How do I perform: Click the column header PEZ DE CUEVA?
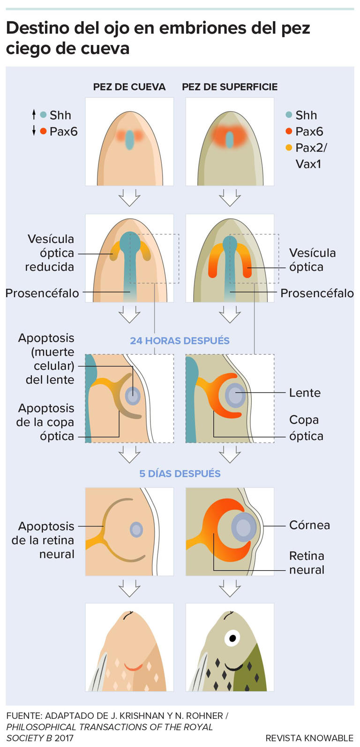click(129, 87)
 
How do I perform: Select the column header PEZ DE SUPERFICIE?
click(230, 87)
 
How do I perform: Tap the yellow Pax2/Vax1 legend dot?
click(289, 148)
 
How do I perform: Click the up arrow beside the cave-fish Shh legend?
click(34, 114)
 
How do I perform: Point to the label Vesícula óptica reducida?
click(51, 253)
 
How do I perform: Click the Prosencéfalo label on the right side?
click(317, 293)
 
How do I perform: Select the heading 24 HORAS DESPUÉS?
click(180, 341)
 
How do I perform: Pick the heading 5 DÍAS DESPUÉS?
click(180, 474)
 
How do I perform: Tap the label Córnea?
click(309, 525)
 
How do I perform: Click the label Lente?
click(305, 393)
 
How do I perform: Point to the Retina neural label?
click(307, 563)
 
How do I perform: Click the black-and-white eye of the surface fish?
click(232, 637)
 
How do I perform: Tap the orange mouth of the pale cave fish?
click(133, 666)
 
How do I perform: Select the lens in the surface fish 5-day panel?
click(243, 528)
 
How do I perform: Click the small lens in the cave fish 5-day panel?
click(136, 530)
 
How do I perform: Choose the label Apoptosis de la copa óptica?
click(45, 422)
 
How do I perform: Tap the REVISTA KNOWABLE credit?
click(309, 738)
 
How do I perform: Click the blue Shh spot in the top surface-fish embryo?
click(229, 139)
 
